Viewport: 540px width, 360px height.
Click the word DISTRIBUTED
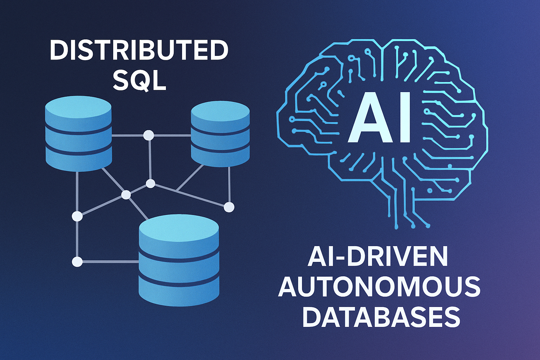point(139,50)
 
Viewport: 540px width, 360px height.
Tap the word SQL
point(139,80)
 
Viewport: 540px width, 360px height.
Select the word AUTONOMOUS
point(379,287)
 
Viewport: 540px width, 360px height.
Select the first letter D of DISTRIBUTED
point(58,50)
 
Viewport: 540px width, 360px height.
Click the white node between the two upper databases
point(149,135)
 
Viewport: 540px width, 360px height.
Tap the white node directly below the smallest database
point(229,207)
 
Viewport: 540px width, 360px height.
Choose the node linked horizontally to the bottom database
point(77,262)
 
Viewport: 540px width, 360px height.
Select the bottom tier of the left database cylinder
point(78,160)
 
